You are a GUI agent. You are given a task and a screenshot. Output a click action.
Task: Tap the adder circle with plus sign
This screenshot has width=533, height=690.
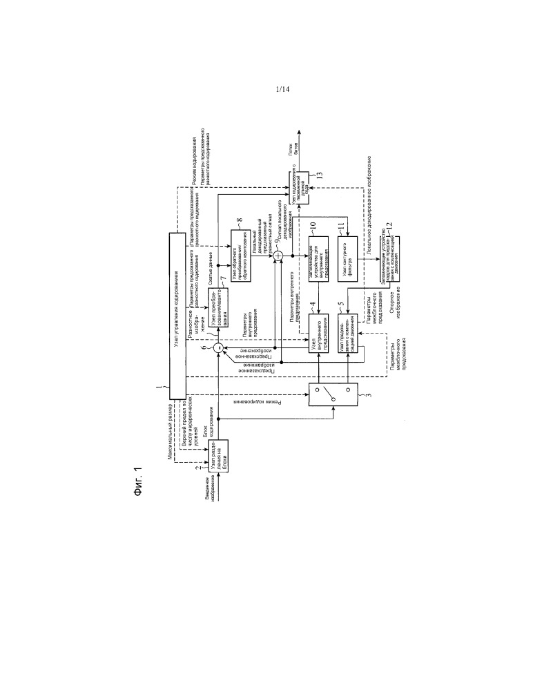coord(278,256)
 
